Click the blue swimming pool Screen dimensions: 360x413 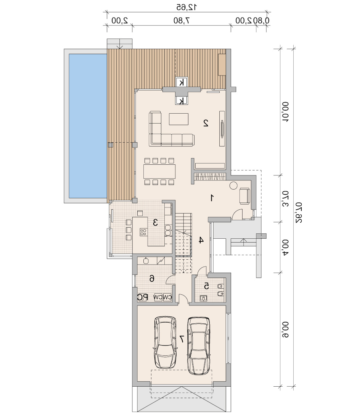(x=88, y=126)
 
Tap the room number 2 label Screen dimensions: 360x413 (x=206, y=123)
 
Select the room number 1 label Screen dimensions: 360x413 (x=212, y=198)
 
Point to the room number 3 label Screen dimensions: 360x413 (x=155, y=223)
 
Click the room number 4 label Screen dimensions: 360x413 (x=201, y=240)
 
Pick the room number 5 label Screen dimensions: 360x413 (x=206, y=286)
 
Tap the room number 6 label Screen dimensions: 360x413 (x=152, y=278)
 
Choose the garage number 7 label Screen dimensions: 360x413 (x=182, y=339)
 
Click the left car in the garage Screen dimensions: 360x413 (x=165, y=342)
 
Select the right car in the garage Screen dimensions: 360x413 (x=199, y=346)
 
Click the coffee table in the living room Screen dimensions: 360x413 (x=178, y=119)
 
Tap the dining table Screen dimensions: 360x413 (x=159, y=172)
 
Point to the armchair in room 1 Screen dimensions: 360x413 (x=245, y=196)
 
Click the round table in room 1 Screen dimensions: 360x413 (x=233, y=185)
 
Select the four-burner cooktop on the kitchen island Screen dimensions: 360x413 (x=143, y=232)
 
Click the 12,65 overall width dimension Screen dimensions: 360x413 (x=186, y=7)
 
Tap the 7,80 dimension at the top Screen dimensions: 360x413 (x=182, y=21)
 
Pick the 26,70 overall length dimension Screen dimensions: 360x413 (x=299, y=213)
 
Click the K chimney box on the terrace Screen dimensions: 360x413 (x=182, y=82)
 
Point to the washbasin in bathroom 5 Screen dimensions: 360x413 (x=203, y=298)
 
